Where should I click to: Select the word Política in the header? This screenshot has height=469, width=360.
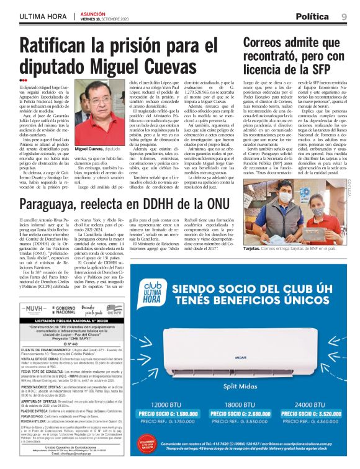[x=316, y=16]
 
